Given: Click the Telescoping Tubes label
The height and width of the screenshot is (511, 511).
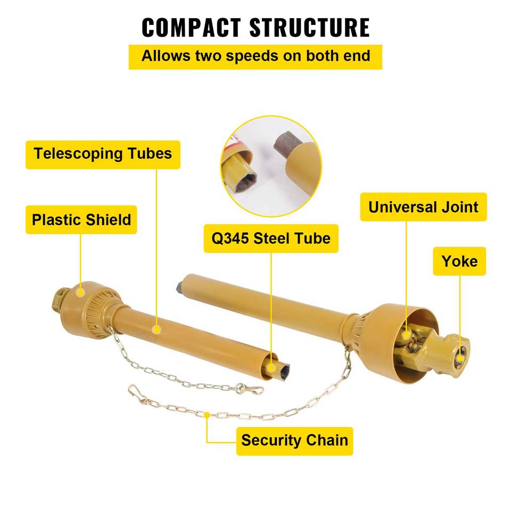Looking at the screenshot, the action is (103, 154).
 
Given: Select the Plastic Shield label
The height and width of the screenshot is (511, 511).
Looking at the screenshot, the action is (81, 220).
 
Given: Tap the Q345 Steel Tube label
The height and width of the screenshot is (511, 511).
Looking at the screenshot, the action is (271, 238).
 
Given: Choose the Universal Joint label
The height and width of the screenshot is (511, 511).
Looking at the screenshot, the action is (423, 207).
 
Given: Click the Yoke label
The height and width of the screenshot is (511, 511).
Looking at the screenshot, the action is (459, 261).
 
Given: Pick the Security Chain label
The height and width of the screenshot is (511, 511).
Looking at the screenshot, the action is (294, 441).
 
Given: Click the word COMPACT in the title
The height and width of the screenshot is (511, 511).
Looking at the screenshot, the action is (191, 27).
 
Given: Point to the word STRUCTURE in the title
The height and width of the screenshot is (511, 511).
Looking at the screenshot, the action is (310, 27).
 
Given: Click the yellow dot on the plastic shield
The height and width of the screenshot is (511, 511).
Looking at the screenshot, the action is (80, 292).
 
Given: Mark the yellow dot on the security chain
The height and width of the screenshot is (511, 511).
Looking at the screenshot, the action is (207, 415).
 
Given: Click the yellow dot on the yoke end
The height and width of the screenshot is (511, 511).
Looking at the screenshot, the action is (460, 358).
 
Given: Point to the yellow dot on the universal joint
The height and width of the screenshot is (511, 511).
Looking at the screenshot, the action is (406, 335).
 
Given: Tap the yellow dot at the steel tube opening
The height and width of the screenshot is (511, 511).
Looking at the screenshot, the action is (271, 368).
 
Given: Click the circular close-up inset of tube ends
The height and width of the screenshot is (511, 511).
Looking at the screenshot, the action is (271, 166).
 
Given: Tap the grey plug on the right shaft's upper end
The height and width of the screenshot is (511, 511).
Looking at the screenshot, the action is (179, 287).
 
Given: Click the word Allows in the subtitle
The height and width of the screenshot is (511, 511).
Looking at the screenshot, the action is (166, 56).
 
